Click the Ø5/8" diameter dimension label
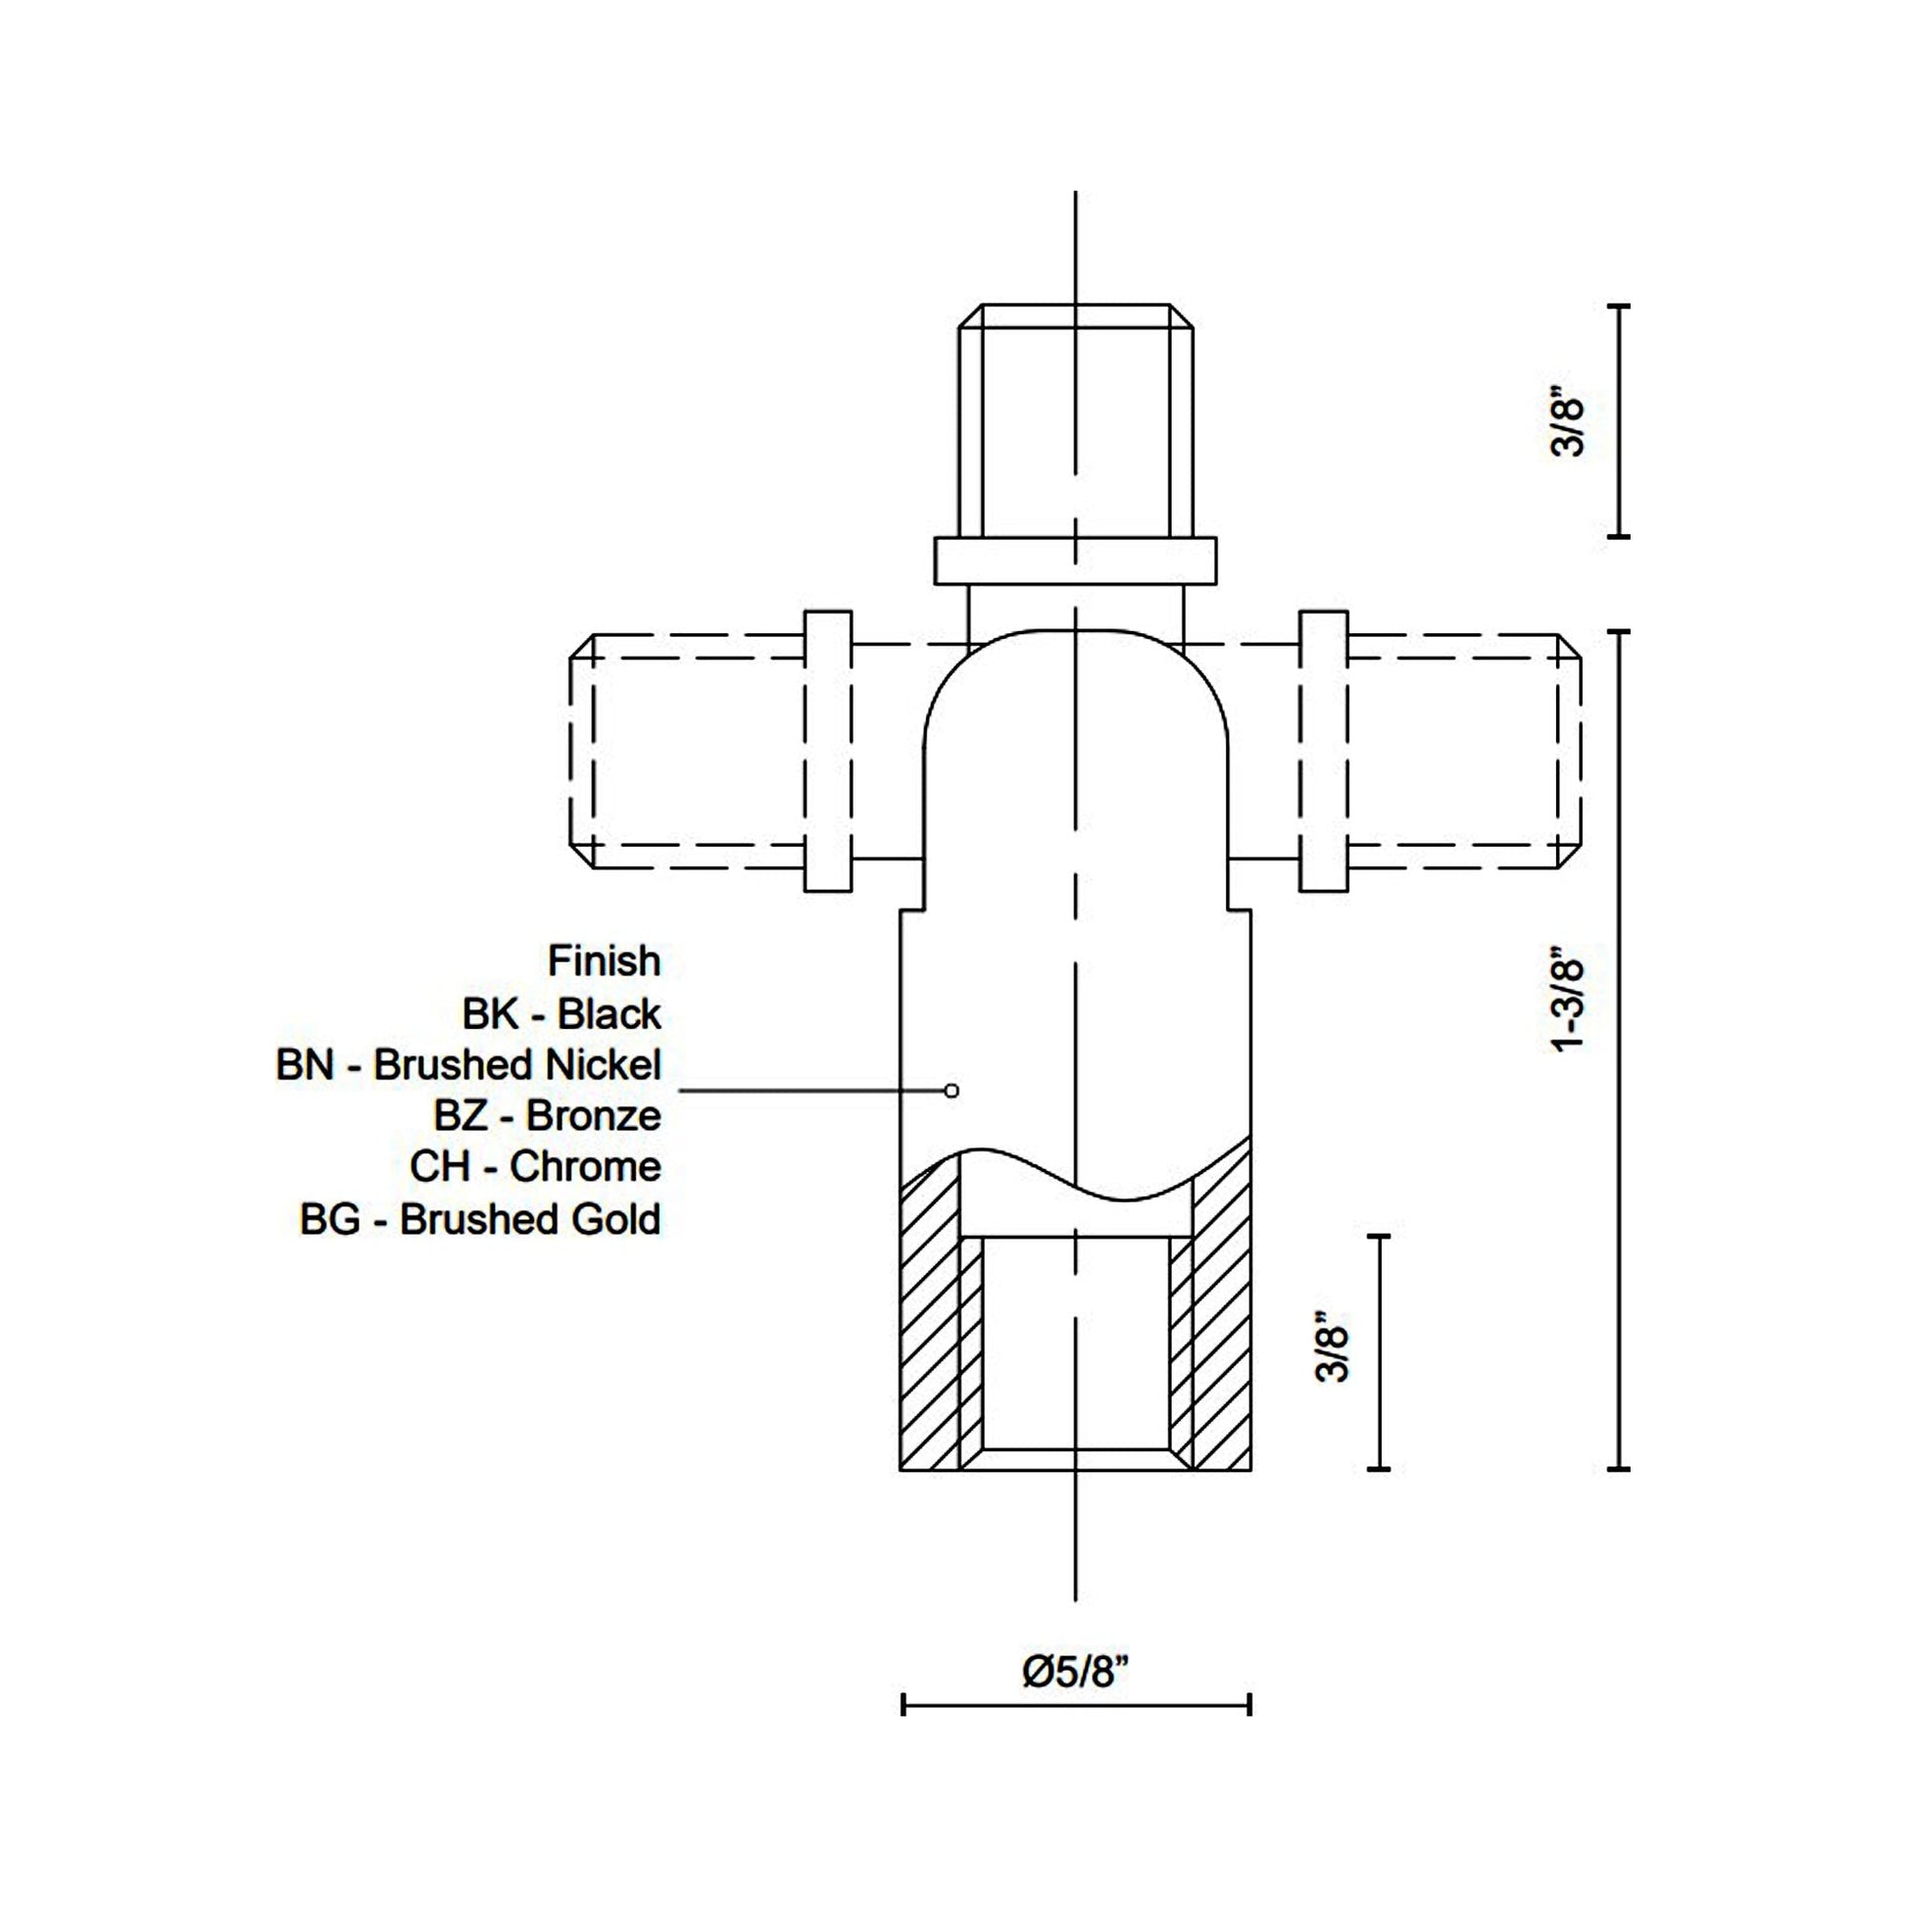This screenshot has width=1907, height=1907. click(1075, 1672)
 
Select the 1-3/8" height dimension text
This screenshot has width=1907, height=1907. click(1569, 1001)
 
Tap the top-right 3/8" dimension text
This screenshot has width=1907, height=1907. click(1569, 425)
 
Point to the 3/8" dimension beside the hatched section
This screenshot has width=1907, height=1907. click(1333, 1346)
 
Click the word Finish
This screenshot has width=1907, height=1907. click(604, 960)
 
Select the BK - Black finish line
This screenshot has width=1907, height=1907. click(561, 1013)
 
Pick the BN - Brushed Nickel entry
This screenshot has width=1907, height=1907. click(467, 1065)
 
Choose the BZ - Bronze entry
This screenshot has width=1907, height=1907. click(547, 1116)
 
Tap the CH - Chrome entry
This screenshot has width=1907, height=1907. click(535, 1167)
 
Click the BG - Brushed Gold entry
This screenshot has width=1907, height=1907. click(480, 1220)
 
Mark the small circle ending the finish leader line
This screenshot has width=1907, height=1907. click(952, 1091)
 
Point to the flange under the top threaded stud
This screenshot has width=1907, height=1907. click(1075, 561)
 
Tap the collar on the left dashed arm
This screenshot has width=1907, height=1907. click(827, 752)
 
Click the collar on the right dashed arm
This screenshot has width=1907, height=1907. click(1323, 752)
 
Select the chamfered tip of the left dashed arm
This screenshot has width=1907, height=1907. click(582, 752)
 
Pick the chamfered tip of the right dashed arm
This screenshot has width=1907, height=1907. click(1570, 752)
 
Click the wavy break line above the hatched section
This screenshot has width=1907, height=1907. click(1075, 1175)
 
